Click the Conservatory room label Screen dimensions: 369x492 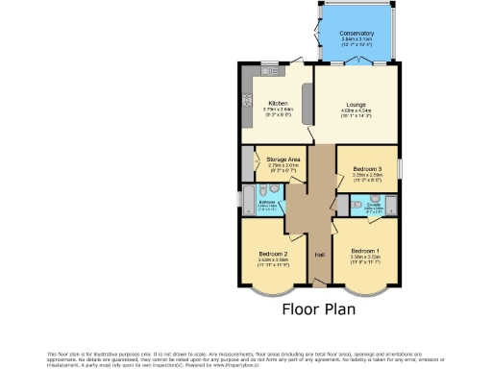coord(357,33)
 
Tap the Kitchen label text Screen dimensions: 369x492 coord(279,104)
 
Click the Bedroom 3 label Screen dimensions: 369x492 coord(368,168)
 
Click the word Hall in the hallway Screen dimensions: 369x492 coord(318,255)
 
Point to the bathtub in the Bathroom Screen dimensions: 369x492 coord(247,201)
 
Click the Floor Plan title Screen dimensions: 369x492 coord(318,309)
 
